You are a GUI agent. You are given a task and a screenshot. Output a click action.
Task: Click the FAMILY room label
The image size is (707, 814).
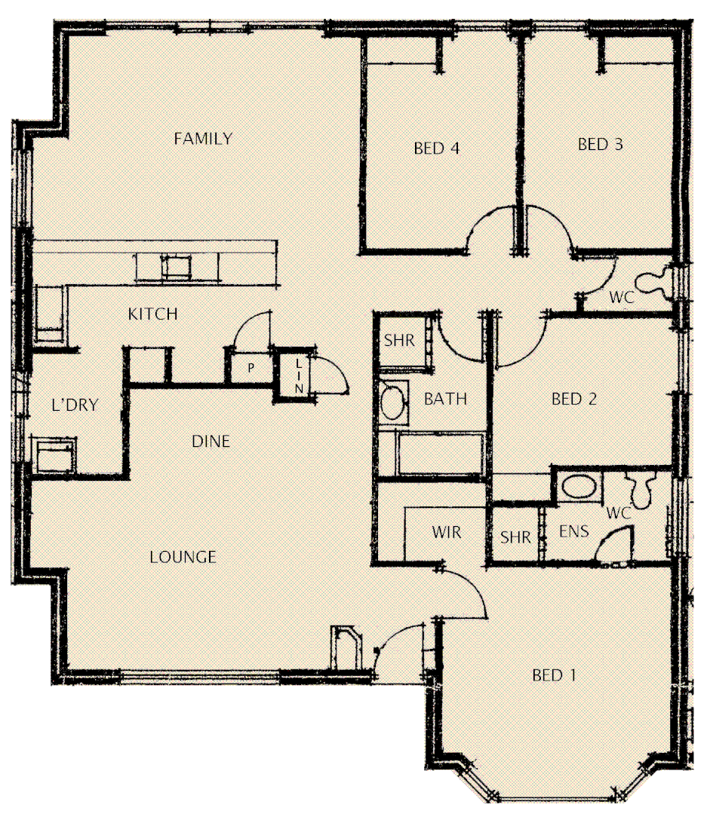[x=203, y=139]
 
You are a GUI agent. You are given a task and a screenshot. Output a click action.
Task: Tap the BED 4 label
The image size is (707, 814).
[x=437, y=148]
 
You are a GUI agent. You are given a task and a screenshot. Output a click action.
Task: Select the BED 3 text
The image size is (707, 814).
[x=601, y=144]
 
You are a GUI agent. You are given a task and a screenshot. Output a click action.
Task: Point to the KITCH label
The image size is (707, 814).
[x=152, y=314]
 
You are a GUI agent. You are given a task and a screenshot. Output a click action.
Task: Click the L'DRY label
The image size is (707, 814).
[x=75, y=405]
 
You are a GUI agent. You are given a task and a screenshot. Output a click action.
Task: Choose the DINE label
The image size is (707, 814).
[x=211, y=442]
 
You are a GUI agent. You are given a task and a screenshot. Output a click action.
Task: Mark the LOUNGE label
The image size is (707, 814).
[x=183, y=557]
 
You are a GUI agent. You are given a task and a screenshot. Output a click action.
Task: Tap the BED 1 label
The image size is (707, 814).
[x=555, y=675]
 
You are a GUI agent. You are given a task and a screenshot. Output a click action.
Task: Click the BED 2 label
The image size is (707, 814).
[x=574, y=399]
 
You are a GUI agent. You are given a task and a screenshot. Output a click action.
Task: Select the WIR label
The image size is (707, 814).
[x=446, y=533]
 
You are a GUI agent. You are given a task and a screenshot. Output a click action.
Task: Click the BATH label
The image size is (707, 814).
[x=445, y=399]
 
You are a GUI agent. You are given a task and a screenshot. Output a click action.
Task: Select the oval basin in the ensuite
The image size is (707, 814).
[x=579, y=486]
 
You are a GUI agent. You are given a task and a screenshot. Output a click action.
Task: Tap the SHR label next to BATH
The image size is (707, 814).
[x=399, y=341]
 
